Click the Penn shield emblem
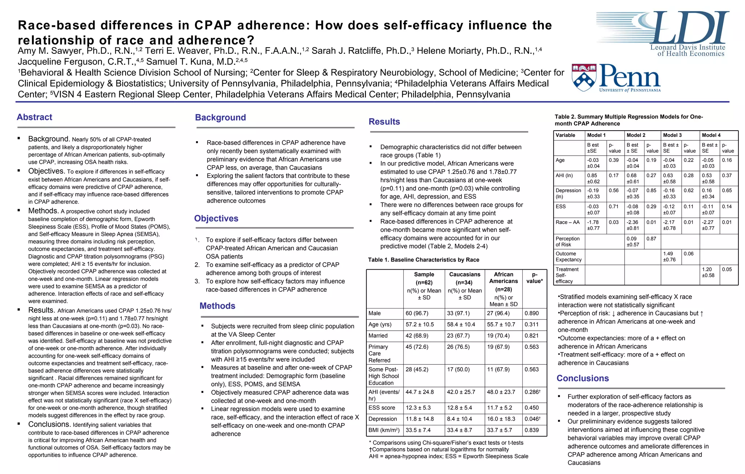point(584,77)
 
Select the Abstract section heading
point(35,117)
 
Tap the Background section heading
point(220,117)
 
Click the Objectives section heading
point(216,219)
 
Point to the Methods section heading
point(217,306)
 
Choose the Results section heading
point(384,122)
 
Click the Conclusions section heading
point(582,378)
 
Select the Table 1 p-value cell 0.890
point(531,313)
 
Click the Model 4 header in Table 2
point(711,135)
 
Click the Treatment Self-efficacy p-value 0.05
point(727,270)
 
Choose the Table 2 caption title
point(628,120)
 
